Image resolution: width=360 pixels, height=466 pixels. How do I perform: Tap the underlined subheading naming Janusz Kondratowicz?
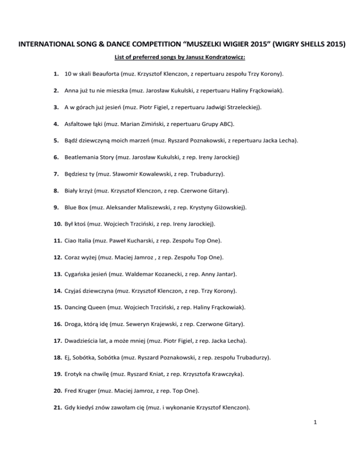[x=180, y=58]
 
